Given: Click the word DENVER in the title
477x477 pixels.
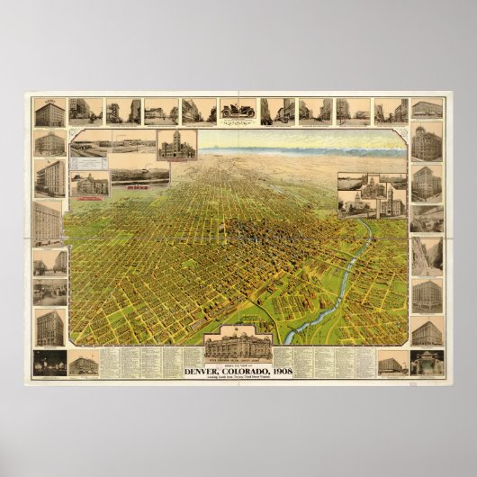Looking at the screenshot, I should (208, 364).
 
